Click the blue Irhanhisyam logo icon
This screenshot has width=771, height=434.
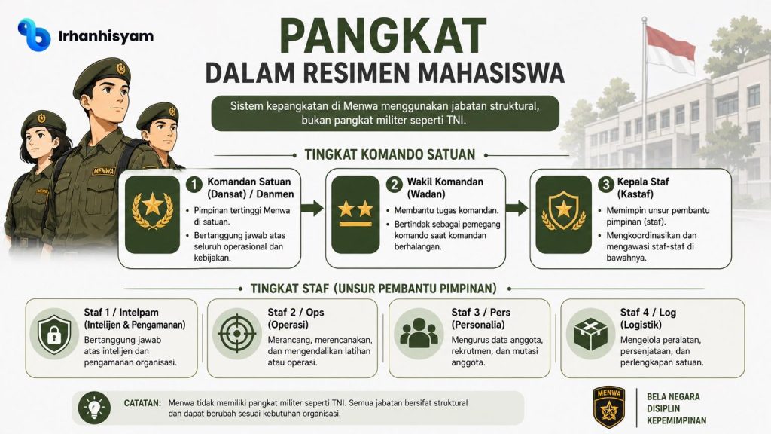coord(34,35)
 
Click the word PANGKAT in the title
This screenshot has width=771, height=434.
coord(383,36)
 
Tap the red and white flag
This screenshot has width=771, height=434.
coord(670,48)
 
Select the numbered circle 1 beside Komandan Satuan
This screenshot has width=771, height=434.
coord(194,185)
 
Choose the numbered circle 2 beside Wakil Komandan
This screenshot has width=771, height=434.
coord(394,185)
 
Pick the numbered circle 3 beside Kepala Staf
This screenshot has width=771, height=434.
coord(606,185)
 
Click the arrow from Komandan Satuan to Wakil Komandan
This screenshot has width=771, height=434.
coord(312,208)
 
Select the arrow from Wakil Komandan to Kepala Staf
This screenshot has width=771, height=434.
coord(517,208)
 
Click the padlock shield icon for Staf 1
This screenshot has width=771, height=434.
coord(54,335)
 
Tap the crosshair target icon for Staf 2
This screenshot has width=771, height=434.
coord(237,333)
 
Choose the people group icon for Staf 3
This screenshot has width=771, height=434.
coord(419,332)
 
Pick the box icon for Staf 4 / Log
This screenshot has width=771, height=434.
coord(590,334)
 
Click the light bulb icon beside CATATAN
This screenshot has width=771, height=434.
coord(94,408)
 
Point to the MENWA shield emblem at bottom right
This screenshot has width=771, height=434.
coord(608,407)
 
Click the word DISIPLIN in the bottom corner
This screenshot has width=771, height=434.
coord(663,408)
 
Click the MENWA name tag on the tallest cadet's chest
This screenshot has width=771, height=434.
coord(104,171)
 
